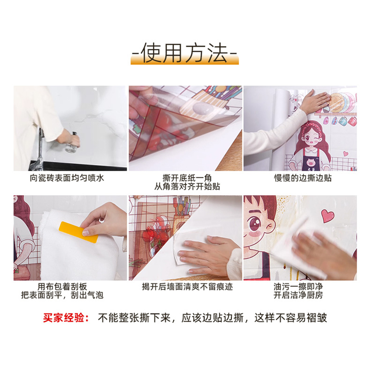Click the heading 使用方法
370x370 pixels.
pos(185,53)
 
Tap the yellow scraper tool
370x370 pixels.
pos(79,232)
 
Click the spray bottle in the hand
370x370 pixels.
pos(72,143)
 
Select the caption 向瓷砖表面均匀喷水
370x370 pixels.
pos(67,178)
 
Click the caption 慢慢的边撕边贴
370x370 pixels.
pos(303,178)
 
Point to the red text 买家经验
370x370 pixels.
pos(66,318)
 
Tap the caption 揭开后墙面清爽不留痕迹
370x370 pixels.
pos(187,287)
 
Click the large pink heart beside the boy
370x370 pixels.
pos(328,216)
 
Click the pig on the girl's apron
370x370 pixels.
pos(311,163)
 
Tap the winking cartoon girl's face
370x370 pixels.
pos(311,139)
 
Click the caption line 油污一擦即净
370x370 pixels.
pos(298,287)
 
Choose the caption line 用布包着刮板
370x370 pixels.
pos(62,287)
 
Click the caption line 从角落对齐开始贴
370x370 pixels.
pos(187,186)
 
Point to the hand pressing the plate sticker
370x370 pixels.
pos(315,101)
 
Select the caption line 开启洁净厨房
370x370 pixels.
pos(298,295)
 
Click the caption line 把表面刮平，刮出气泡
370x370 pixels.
pos(62,295)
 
